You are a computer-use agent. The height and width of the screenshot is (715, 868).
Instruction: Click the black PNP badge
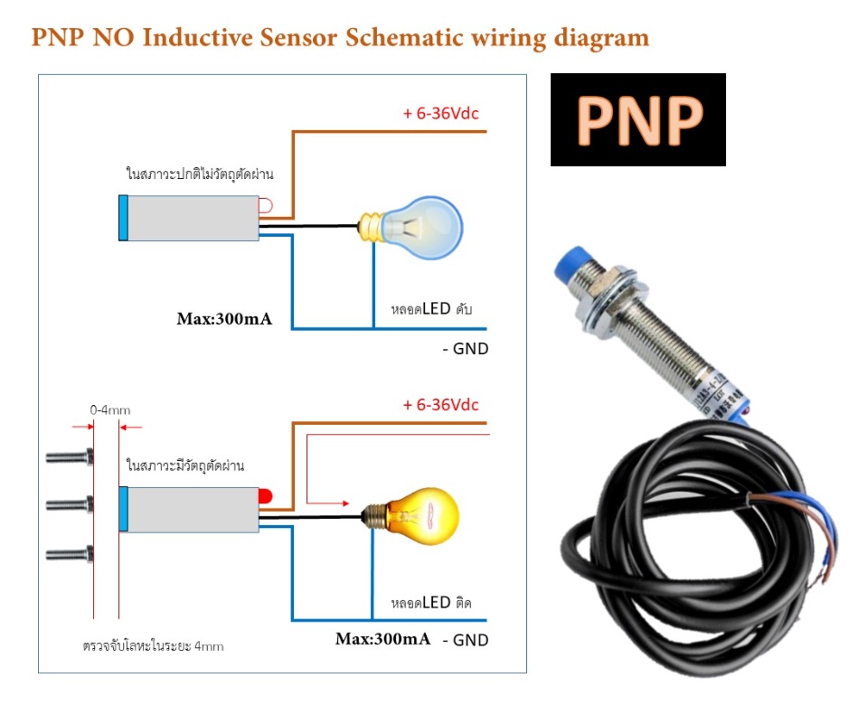(x=638, y=119)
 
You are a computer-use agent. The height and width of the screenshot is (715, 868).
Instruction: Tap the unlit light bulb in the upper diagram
(x=420, y=222)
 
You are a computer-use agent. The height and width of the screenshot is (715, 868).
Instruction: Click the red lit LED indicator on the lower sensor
(x=266, y=496)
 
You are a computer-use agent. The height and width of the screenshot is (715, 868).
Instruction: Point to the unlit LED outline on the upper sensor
(x=265, y=206)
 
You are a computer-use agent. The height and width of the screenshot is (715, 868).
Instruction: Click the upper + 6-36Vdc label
(x=440, y=114)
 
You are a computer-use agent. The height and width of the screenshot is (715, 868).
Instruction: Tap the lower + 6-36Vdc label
(x=440, y=404)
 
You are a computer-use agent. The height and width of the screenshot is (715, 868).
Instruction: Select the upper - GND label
(x=465, y=348)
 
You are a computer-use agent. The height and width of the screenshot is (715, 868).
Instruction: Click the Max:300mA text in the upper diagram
(x=224, y=319)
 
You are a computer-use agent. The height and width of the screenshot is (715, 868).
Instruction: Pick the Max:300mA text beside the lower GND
(x=382, y=639)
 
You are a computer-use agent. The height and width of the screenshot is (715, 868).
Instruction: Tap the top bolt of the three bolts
(x=71, y=458)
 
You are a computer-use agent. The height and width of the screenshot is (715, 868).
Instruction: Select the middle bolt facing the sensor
(x=71, y=503)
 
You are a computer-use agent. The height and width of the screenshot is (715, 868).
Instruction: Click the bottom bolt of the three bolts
(x=71, y=552)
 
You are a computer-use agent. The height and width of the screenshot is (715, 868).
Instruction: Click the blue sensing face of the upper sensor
(x=123, y=218)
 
